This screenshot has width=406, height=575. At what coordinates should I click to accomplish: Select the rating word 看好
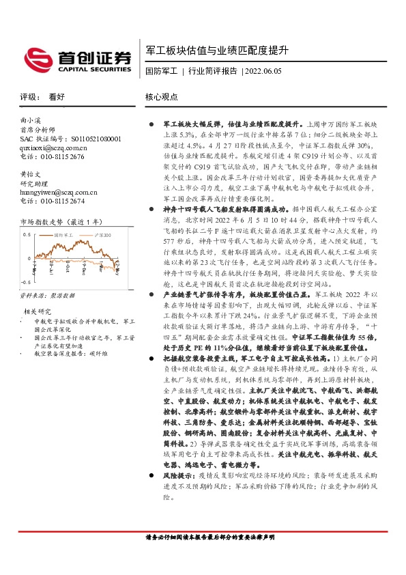[x=57, y=98]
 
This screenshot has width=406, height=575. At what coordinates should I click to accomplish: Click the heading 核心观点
[x=161, y=98]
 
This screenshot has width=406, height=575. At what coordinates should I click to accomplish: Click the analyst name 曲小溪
[x=31, y=120]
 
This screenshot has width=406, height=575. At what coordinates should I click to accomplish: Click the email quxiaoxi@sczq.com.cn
[x=54, y=147]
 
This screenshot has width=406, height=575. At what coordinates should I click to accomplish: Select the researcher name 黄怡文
[x=31, y=174]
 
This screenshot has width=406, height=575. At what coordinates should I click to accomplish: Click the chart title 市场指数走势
[x=42, y=222]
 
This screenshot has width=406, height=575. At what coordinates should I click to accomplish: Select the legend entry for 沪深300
[x=100, y=235]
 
